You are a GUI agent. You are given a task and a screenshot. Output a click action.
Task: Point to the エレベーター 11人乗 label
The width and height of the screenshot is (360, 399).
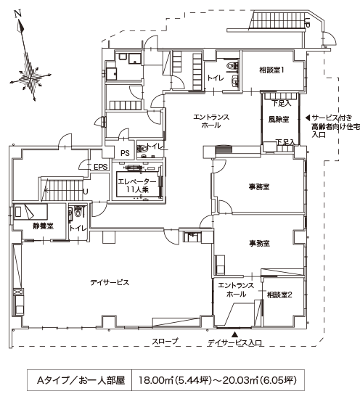136,185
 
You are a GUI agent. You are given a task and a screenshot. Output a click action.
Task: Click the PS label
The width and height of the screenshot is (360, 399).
125,152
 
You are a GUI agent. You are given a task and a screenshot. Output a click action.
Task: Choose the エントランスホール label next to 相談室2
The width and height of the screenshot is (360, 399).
235,291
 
